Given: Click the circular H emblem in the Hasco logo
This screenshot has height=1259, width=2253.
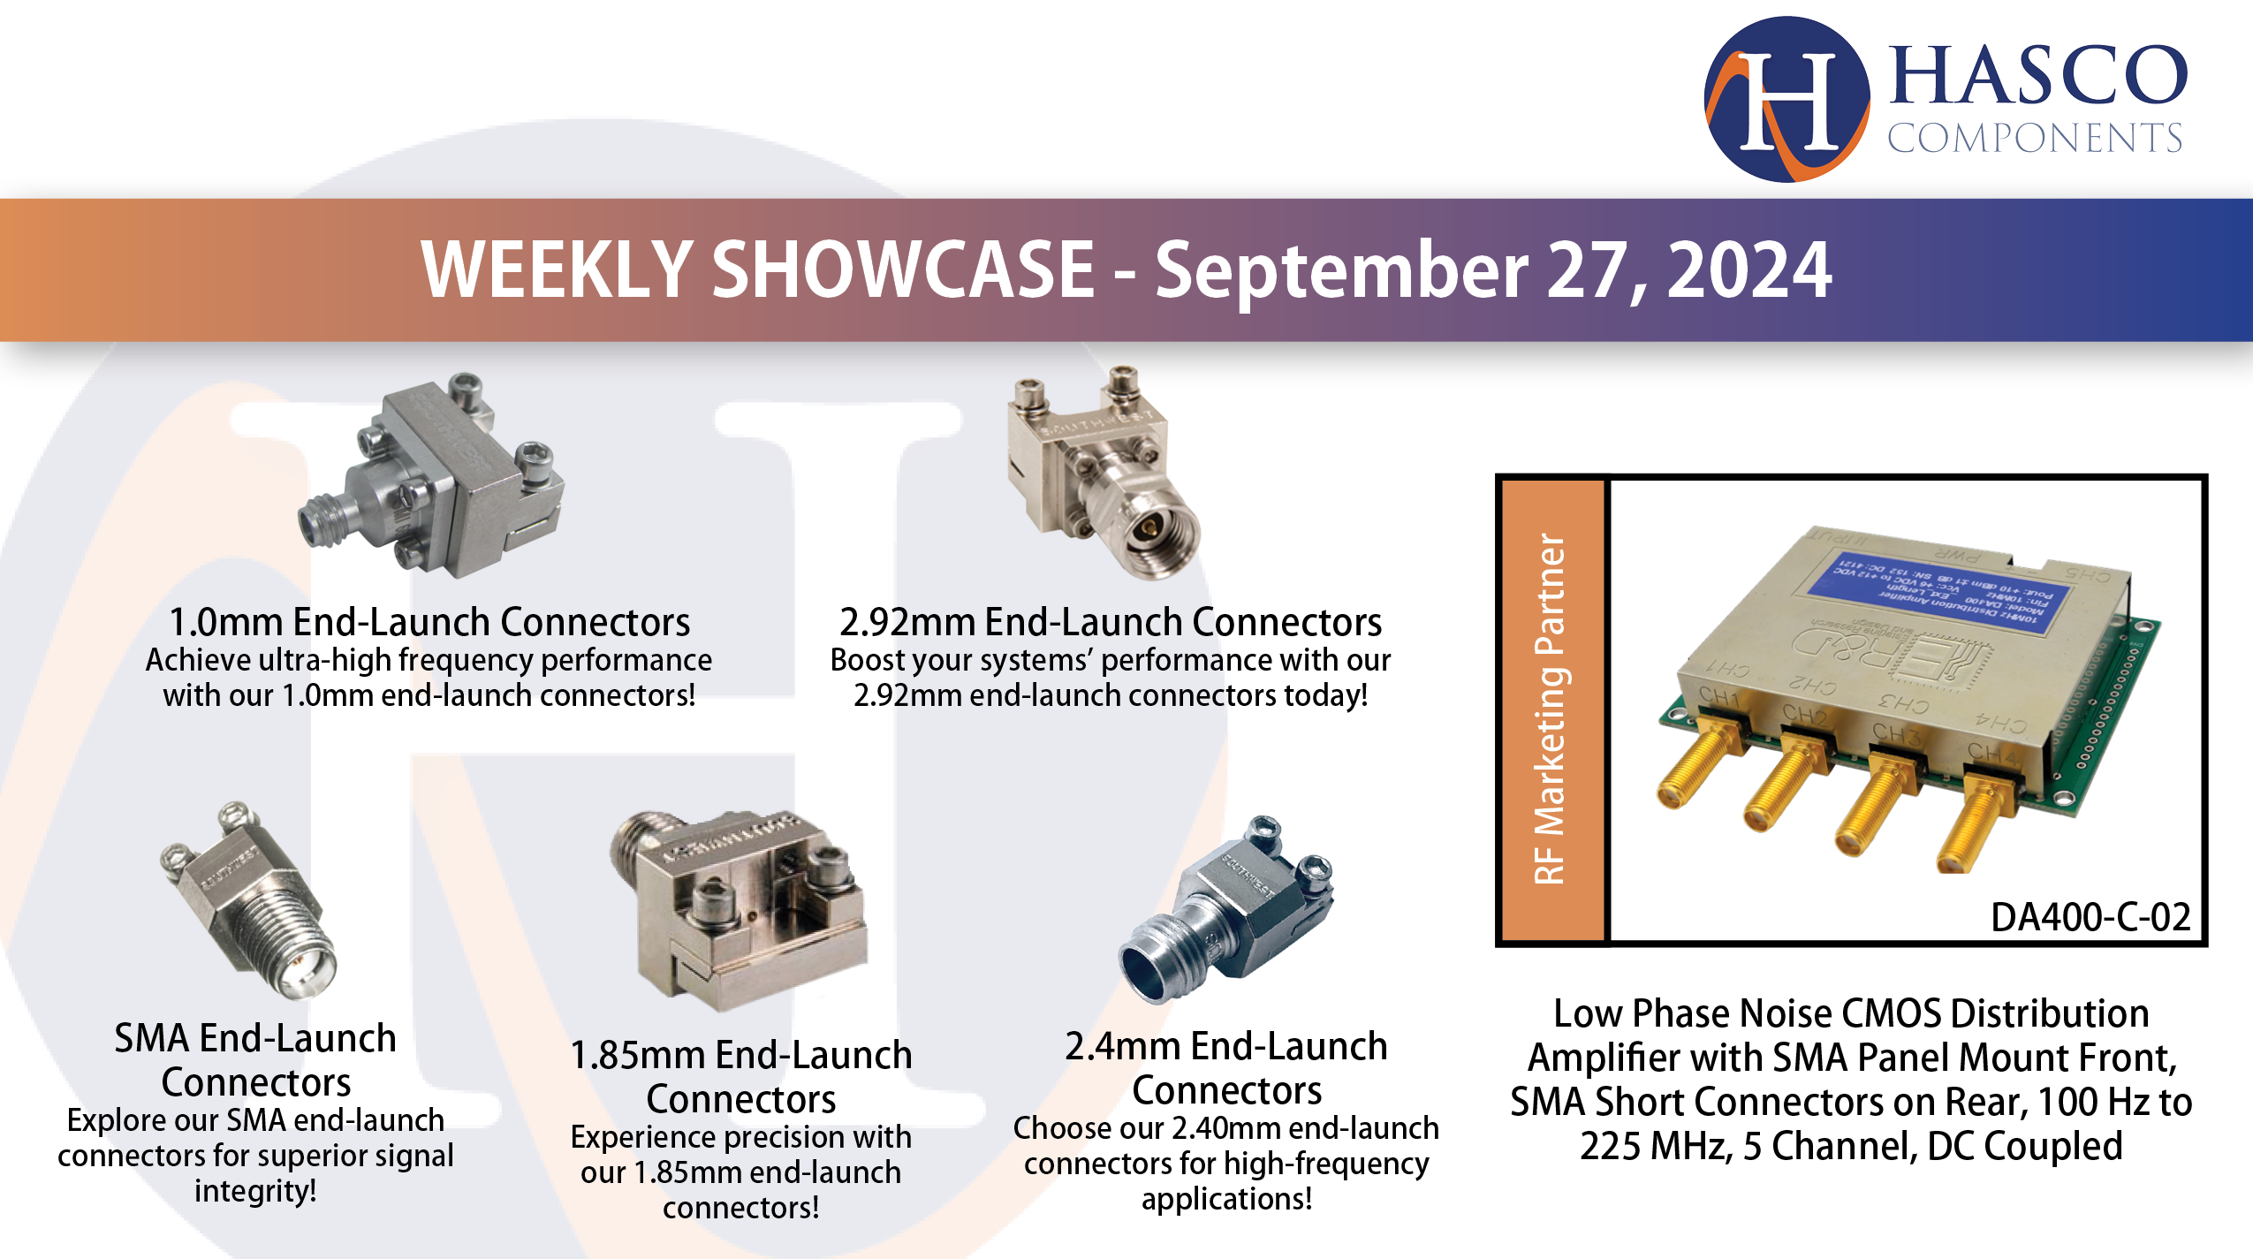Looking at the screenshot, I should [x=1786, y=99].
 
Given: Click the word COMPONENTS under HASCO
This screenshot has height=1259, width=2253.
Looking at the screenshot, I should [x=2034, y=139].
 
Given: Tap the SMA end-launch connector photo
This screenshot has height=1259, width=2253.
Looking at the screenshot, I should [x=252, y=901].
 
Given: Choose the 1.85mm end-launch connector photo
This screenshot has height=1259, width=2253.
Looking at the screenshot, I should [x=742, y=910].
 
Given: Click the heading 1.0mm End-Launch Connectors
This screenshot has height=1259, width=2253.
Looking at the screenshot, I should [x=429, y=622].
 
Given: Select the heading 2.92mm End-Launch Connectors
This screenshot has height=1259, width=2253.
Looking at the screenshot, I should [x=1110, y=622].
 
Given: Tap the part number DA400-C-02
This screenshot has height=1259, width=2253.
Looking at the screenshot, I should [x=2090, y=917].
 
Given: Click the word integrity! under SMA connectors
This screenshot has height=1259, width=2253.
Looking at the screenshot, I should [x=255, y=1190].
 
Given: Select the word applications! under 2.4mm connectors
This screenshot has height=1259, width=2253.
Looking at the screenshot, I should [x=1226, y=1199].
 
